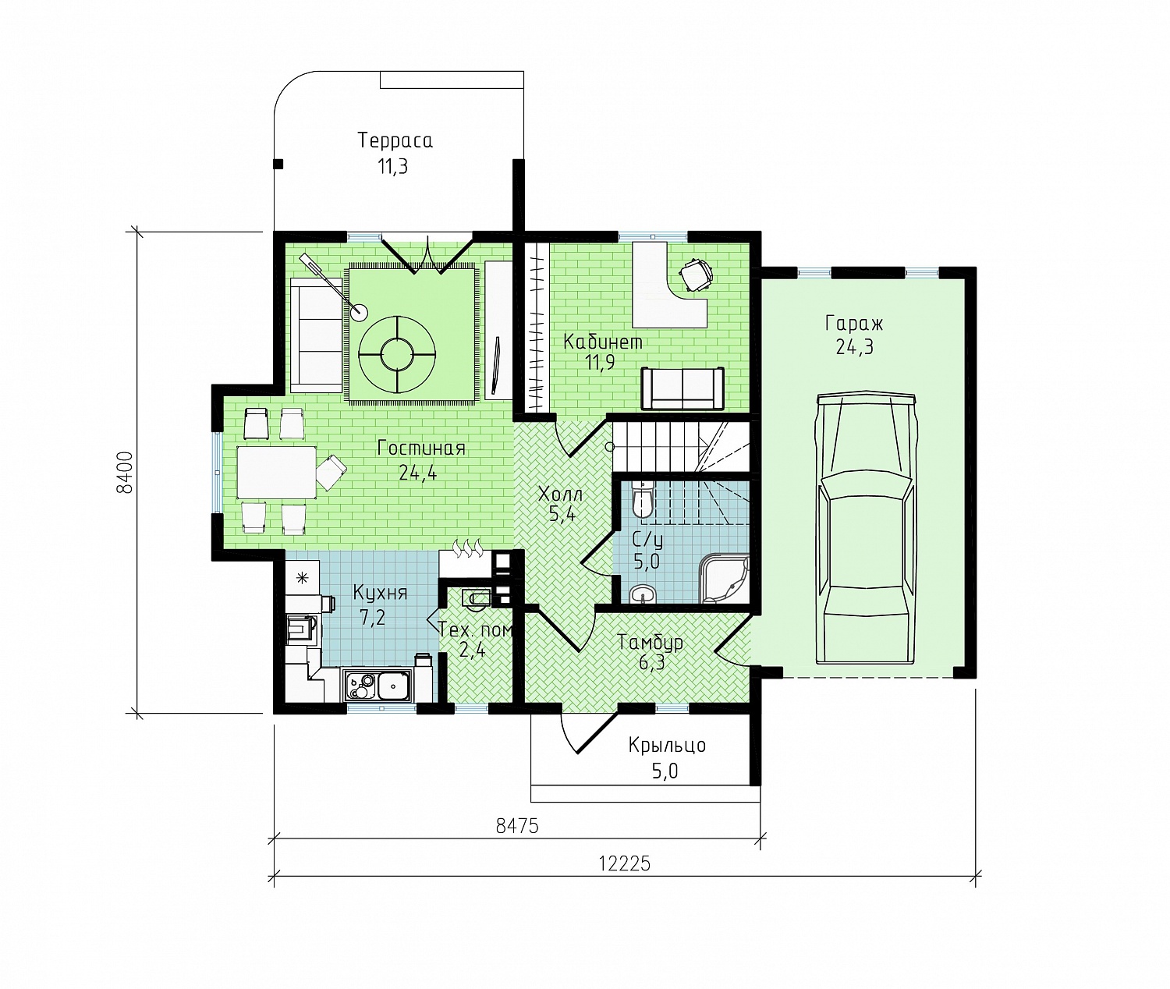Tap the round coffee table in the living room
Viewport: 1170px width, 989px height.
point(397,354)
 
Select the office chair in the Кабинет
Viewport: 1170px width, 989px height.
point(696,275)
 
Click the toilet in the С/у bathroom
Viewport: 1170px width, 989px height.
point(643,499)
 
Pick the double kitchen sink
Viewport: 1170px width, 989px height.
point(378,686)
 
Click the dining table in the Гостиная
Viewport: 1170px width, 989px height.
point(277,472)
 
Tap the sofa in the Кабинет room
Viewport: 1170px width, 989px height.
point(682,388)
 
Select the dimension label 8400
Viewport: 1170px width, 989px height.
point(125,472)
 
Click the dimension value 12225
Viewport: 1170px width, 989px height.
point(624,864)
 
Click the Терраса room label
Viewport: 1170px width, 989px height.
point(395,140)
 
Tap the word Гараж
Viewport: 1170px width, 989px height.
point(854,324)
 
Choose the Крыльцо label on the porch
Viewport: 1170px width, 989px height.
point(668,745)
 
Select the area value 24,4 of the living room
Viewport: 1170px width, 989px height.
point(418,472)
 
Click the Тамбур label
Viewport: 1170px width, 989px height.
point(650,642)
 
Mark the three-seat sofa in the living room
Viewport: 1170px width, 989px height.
point(317,335)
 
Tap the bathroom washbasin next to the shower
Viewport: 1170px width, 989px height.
point(643,594)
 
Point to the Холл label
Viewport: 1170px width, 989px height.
point(560,494)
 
